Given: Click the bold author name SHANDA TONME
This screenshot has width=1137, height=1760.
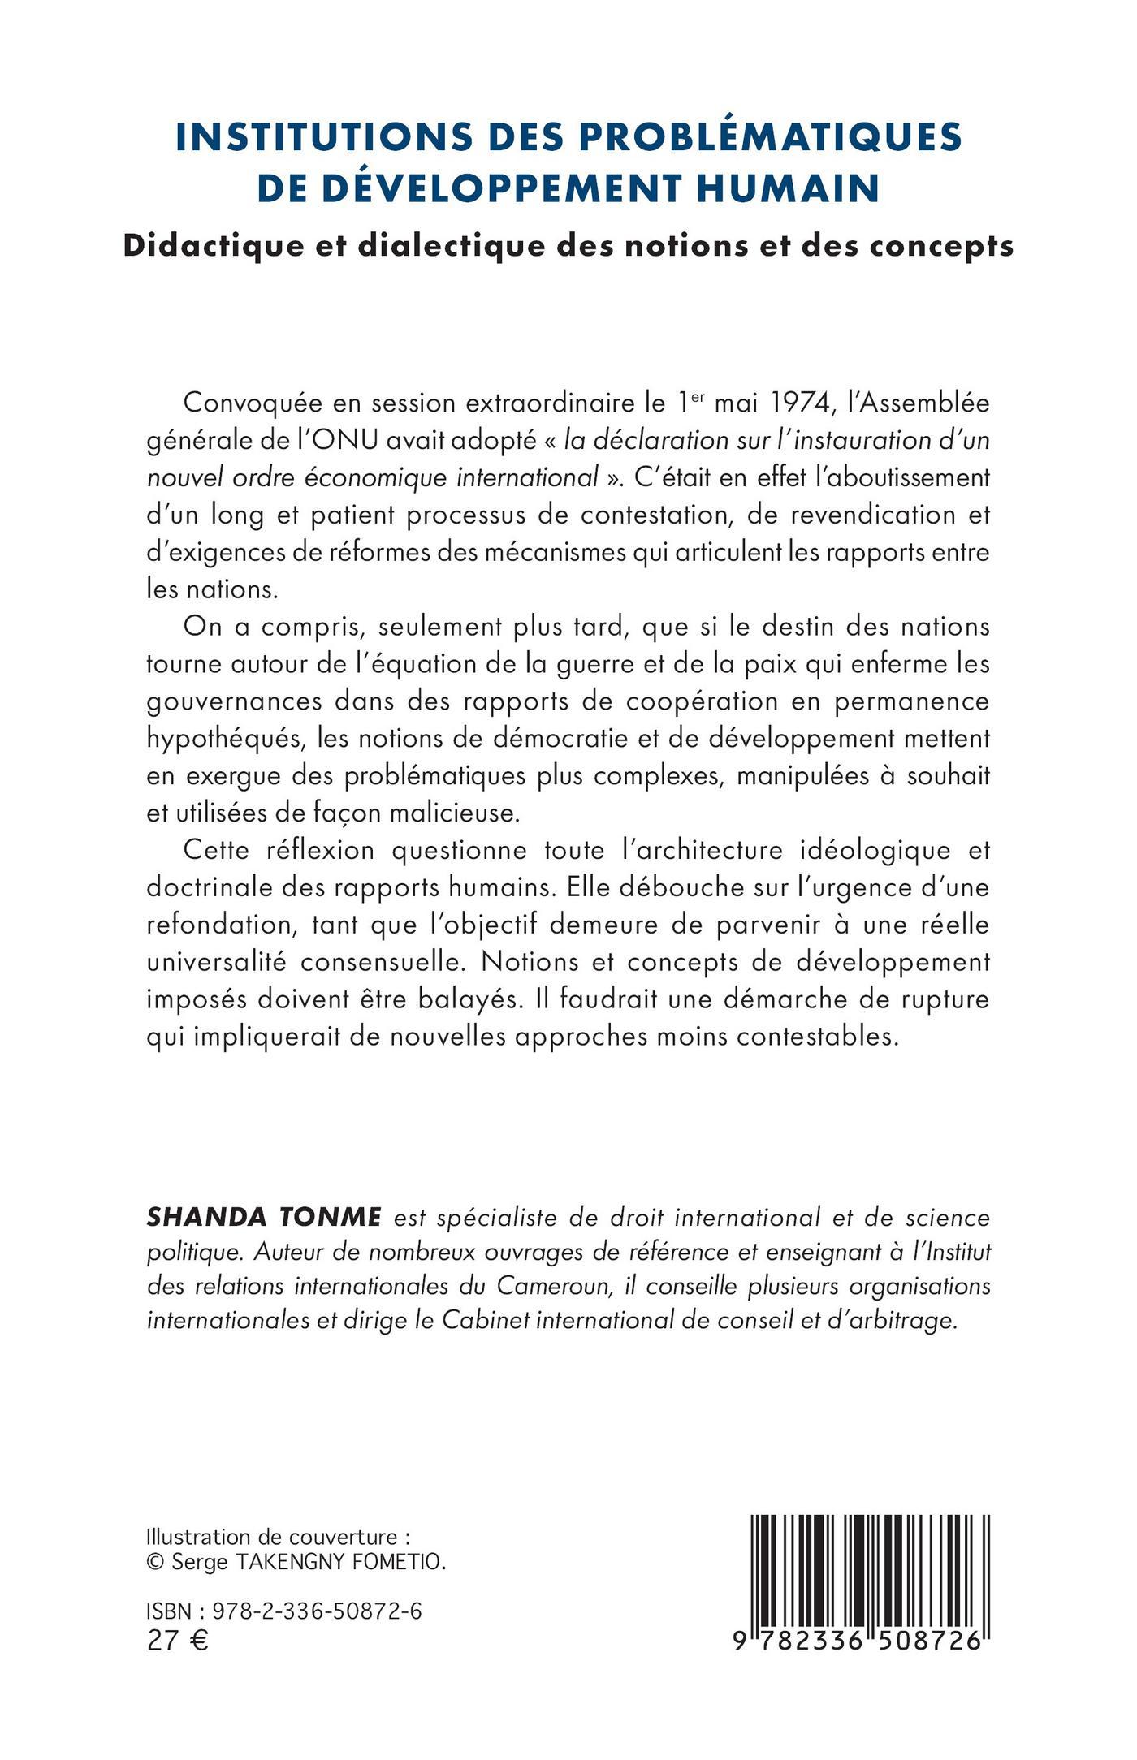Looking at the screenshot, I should point(264,1218).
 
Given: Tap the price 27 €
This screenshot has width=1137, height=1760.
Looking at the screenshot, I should point(178,1641).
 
